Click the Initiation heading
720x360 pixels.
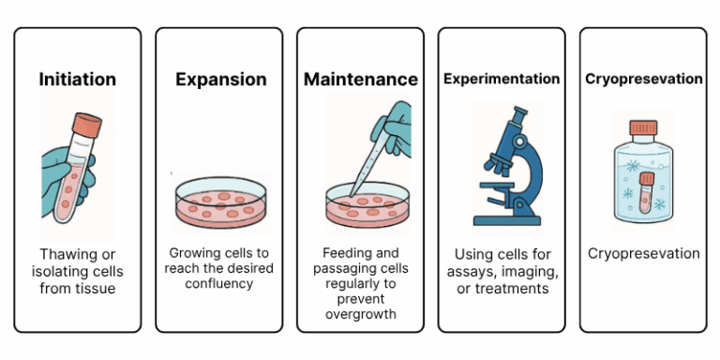(x=78, y=80)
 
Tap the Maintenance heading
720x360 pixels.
(x=361, y=80)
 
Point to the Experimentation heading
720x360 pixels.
(x=502, y=79)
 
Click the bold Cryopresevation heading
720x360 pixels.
(x=643, y=79)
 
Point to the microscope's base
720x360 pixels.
(x=506, y=219)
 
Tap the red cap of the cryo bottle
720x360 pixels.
(x=643, y=127)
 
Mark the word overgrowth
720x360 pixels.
(x=361, y=314)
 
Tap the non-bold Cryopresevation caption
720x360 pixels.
(x=643, y=254)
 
